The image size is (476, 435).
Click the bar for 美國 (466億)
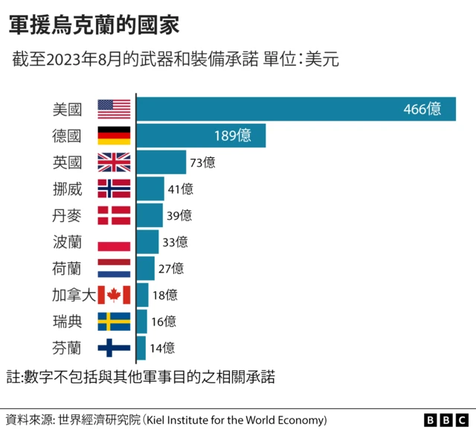(295, 109)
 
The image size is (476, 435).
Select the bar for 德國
(201, 136)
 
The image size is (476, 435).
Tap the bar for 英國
(161, 162)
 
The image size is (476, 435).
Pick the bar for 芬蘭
(141, 347)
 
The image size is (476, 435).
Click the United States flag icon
(114, 109)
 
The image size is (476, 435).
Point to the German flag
(114, 136)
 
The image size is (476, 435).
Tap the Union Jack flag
(114, 162)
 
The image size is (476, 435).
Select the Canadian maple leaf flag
(114, 295)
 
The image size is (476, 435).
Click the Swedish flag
(114, 321)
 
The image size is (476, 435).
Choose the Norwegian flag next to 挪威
(114, 188)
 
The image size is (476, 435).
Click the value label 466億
(422, 109)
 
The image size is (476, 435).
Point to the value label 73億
(202, 162)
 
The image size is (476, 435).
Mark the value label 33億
(175, 241)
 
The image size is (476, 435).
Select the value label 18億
(164, 295)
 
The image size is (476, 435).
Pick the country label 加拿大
(74, 295)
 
